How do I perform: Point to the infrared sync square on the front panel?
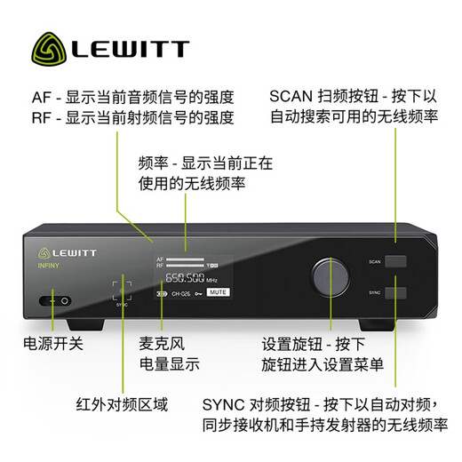pos(123,290)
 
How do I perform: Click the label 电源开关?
pos(52,343)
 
